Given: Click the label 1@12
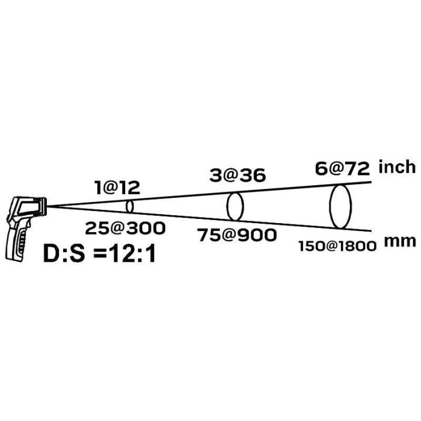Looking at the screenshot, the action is [x=117, y=188].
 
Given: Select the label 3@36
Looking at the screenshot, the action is [x=238, y=176].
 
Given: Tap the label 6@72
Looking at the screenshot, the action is [x=342, y=169].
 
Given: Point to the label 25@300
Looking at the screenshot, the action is [x=125, y=229].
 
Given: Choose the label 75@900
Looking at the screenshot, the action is [x=237, y=235].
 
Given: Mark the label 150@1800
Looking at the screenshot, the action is [x=337, y=246].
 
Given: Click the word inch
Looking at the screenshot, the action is [x=397, y=167].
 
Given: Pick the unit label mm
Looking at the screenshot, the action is [x=400, y=242].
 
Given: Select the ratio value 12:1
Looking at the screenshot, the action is [x=132, y=254].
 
